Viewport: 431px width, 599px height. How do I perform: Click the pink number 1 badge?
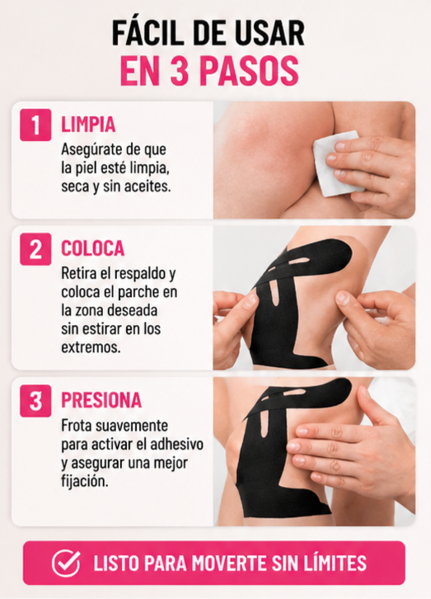click(x=35, y=125)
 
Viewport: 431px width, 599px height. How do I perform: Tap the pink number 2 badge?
click(x=35, y=249)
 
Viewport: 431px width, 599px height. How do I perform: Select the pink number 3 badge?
click(x=35, y=401)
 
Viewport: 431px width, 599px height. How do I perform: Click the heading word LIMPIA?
click(x=88, y=125)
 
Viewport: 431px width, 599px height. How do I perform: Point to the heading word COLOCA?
click(x=92, y=248)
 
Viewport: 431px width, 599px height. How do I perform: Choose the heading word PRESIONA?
click(x=101, y=400)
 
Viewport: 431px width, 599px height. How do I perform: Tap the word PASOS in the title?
click(x=249, y=71)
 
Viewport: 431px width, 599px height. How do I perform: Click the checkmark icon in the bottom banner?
click(x=66, y=563)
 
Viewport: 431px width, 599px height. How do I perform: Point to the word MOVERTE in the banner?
click(x=230, y=563)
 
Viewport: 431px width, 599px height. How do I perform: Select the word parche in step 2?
click(x=138, y=293)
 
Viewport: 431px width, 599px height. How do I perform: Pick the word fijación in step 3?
click(x=85, y=481)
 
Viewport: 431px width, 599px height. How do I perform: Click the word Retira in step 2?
click(x=78, y=273)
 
